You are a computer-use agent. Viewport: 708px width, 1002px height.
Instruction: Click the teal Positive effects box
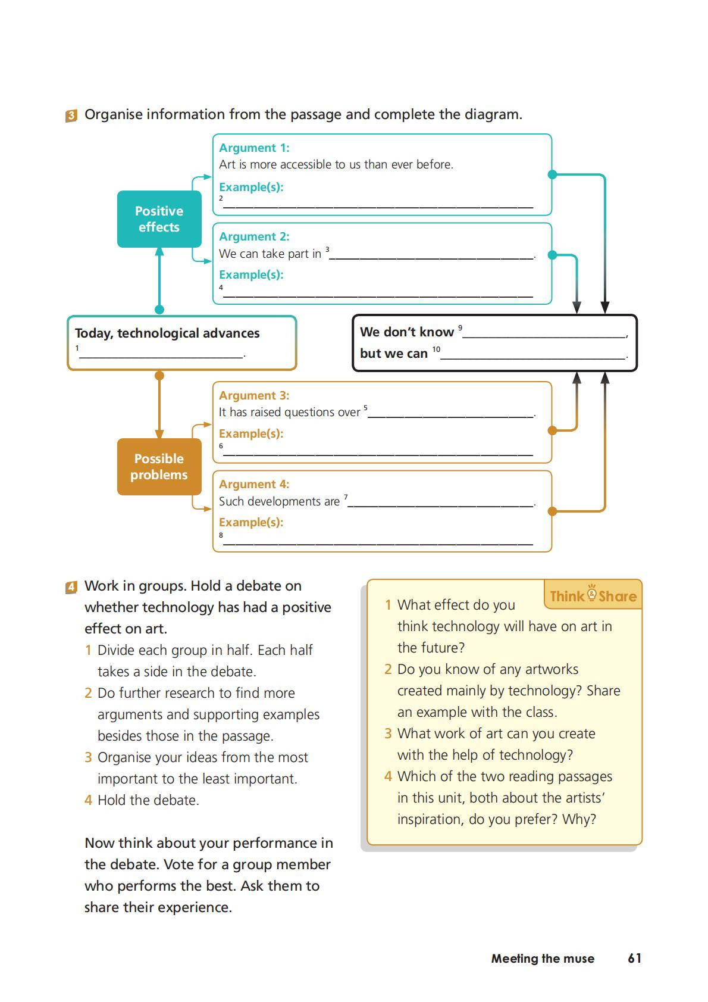[159, 219]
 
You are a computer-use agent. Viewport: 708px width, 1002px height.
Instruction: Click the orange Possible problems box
[159, 467]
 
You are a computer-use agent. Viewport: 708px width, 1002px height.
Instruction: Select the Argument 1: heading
[254, 148]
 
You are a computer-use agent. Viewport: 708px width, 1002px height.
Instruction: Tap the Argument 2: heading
[254, 236]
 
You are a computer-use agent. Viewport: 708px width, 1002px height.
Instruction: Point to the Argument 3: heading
[254, 395]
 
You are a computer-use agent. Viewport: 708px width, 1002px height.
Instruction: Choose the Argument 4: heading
[254, 484]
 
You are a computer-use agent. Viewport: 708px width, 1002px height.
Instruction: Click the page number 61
[634, 958]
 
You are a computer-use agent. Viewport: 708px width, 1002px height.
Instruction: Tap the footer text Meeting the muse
[543, 959]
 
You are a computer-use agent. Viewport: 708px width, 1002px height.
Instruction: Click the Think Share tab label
[593, 595]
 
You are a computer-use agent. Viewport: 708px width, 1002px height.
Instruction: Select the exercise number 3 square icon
[71, 116]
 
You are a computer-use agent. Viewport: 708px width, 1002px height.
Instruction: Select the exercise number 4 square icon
[71, 587]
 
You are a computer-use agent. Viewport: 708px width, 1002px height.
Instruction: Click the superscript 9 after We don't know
[460, 327]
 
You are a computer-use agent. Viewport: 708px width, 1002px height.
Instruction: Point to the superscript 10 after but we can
[436, 349]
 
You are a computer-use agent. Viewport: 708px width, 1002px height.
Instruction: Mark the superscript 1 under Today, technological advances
[77, 348]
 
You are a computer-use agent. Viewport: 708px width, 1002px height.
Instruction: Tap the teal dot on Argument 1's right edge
[552, 174]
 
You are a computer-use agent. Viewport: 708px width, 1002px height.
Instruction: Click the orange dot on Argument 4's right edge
[552, 511]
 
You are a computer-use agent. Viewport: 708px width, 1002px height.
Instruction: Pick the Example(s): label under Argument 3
[251, 433]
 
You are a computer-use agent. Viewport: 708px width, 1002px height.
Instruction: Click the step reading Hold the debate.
[148, 800]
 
